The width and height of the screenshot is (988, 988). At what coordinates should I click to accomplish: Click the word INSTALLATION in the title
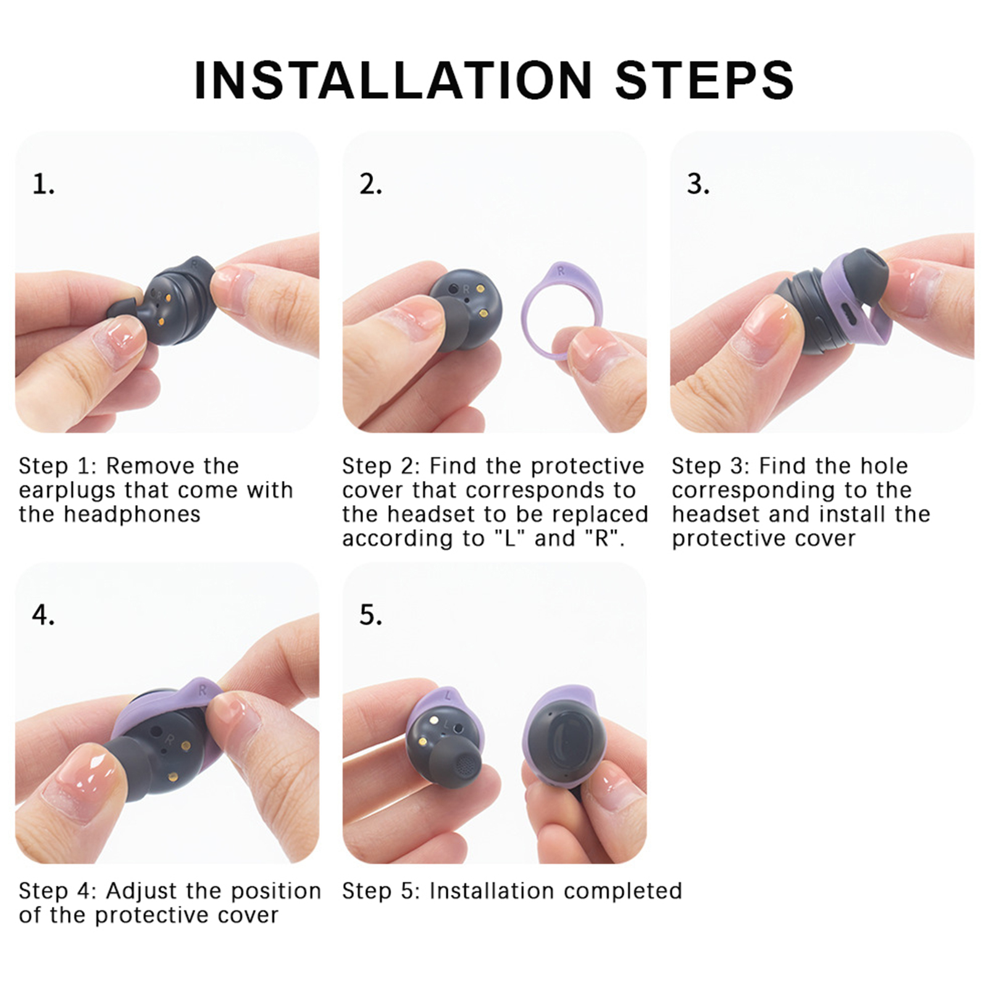393,80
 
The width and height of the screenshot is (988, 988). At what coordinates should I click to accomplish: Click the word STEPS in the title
704,80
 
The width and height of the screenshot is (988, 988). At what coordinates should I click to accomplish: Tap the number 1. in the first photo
43,185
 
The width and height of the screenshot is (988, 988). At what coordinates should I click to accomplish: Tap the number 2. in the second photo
371,185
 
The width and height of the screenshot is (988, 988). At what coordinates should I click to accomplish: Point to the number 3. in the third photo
698,185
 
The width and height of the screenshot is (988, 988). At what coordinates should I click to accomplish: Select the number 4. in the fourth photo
43,615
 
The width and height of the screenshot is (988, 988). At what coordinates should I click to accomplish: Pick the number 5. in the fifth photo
371,615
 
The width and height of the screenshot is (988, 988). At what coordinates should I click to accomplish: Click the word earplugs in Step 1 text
66,491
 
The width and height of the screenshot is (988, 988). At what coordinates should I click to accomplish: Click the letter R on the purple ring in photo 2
561,270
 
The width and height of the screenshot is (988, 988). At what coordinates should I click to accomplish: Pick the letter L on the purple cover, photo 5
449,695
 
